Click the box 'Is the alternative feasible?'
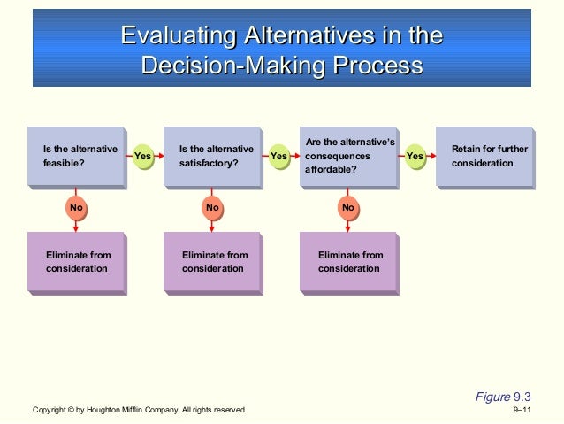click(76, 157)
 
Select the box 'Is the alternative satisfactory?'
click(212, 157)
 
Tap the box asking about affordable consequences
click(348, 157)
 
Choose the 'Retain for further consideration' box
click(484, 157)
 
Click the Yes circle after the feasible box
click(142, 157)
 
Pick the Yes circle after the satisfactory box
click(278, 157)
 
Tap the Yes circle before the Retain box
click(415, 157)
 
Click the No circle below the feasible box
click(75, 208)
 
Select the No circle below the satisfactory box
click(211, 208)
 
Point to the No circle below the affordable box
click(347, 208)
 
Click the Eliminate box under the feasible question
click(76, 262)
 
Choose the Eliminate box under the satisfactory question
click(212, 262)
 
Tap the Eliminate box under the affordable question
click(348, 262)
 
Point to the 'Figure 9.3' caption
click(502, 396)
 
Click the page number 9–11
click(522, 411)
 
